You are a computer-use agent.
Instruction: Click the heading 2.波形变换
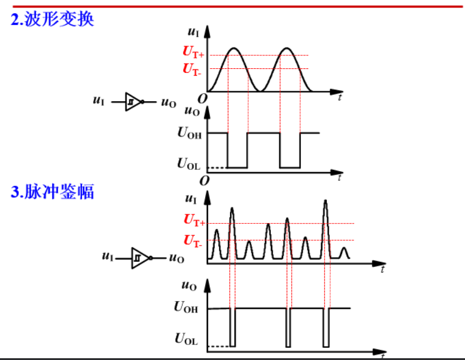coord(52,20)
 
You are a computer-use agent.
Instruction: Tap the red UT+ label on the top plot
coord(193,53)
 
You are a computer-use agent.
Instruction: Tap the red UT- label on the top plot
coord(192,69)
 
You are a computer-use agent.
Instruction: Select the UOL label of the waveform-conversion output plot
coord(189,164)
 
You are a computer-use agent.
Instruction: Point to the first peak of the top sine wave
coord(234,49)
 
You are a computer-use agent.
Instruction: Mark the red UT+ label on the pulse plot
coord(194,220)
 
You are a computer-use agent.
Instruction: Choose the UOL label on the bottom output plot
coord(186,340)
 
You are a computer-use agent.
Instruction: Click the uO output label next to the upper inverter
coord(168,103)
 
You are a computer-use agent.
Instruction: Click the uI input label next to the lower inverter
coord(107,257)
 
